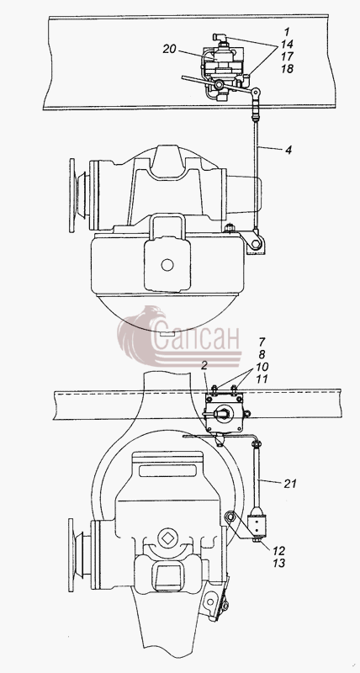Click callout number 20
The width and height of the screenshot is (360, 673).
[x=170, y=50]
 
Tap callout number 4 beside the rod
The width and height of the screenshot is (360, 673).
[x=289, y=151]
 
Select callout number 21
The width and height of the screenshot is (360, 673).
[x=290, y=484]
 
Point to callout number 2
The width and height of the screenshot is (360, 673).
[x=204, y=365]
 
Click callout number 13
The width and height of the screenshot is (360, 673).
[x=279, y=563]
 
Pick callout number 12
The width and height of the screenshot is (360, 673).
[x=279, y=551]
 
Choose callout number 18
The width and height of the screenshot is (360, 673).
[x=288, y=69]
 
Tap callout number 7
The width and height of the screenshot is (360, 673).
[x=262, y=342]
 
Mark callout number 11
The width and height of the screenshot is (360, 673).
[x=262, y=379]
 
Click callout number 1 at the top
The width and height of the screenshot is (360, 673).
[x=287, y=31]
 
